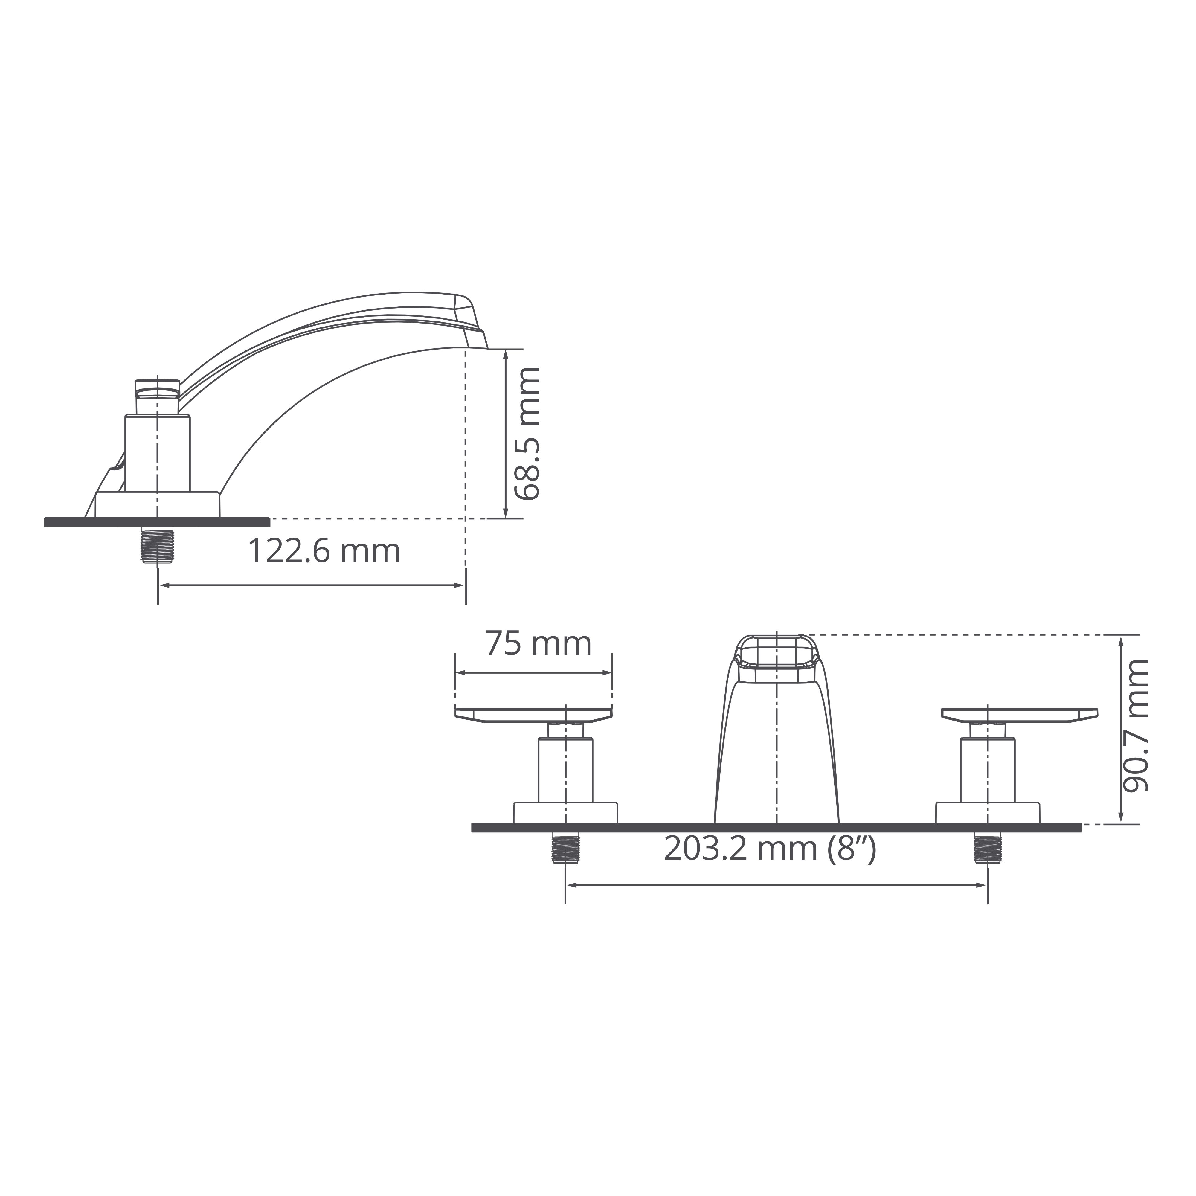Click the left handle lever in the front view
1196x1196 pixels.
point(534,714)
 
